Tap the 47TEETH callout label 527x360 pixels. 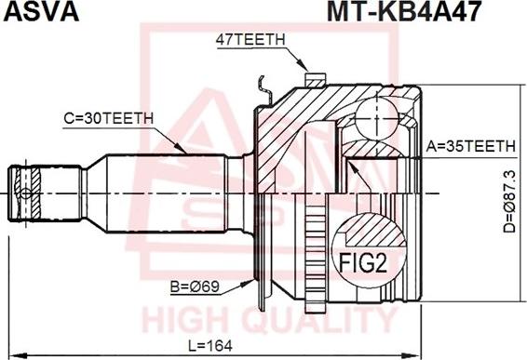[250, 39]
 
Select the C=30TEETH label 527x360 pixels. [107, 118]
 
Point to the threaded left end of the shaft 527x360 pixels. [25, 192]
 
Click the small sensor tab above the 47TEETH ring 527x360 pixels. [315, 77]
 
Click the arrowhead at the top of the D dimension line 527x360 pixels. [519, 89]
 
